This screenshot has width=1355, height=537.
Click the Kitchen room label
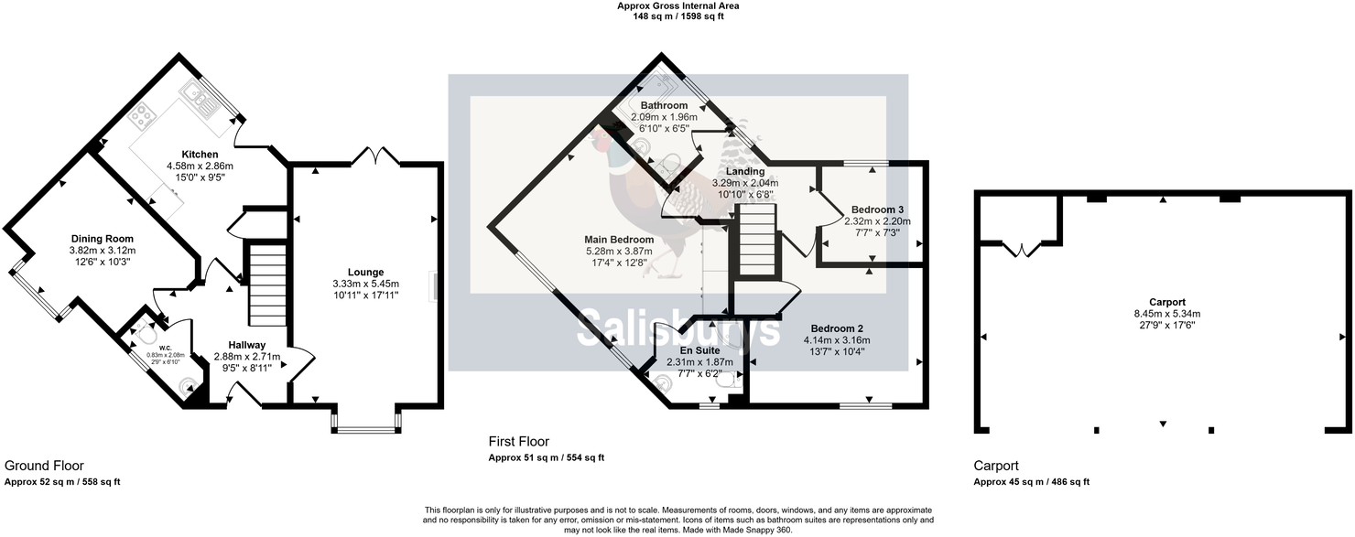pyautogui.click(x=200, y=154)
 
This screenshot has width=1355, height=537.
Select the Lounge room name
pyautogui.click(x=365, y=272)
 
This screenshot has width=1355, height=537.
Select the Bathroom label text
pyautogui.click(x=664, y=106)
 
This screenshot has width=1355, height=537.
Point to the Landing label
pyautogui.click(x=745, y=172)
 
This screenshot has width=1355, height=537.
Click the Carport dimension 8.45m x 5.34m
pyautogui.click(x=1167, y=313)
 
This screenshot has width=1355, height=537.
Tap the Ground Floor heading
pyautogui.click(x=44, y=466)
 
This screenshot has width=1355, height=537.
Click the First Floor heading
pyautogui.click(x=519, y=442)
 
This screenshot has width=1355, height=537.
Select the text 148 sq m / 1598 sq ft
pyautogui.click(x=677, y=16)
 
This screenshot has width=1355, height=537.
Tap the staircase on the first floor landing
pyautogui.click(x=757, y=240)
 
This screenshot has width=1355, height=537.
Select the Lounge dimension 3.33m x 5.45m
pyautogui.click(x=365, y=284)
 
